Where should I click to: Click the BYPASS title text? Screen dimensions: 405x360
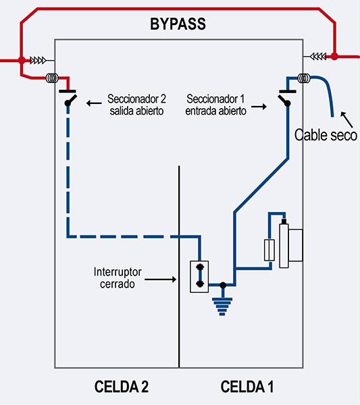(x=178, y=26)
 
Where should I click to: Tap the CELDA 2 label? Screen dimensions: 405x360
(x=121, y=387)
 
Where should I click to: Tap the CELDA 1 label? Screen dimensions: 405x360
(x=247, y=387)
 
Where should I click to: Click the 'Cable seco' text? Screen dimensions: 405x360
(x=326, y=135)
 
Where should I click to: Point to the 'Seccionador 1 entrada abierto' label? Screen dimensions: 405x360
(x=216, y=105)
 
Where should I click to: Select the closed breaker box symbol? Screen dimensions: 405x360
(x=200, y=276)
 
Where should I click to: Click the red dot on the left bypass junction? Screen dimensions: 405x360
(x=22, y=60)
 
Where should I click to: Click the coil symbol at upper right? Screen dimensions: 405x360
(x=305, y=78)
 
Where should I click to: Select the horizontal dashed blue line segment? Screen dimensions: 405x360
(x=122, y=236)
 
